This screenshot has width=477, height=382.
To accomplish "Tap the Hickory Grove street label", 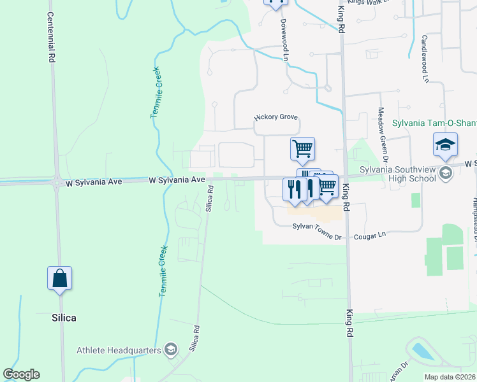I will coord(277,117).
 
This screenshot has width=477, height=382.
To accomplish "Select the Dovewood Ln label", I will coord(284,39).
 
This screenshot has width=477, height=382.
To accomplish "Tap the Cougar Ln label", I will coord(374,235).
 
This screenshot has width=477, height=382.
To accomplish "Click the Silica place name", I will coord(64,316).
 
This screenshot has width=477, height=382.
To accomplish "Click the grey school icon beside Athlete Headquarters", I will coord(170,350).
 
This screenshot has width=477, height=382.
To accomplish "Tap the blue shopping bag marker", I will coord(60,279).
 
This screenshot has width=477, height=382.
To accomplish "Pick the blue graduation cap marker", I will coord(445,145).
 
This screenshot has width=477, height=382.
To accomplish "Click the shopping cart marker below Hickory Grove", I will coord(303,149).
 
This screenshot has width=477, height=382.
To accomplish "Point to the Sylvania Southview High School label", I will coord(396,174).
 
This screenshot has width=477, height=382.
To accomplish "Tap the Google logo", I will coord(21,374).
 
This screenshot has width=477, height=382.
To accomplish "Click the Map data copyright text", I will coord(450,377).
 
